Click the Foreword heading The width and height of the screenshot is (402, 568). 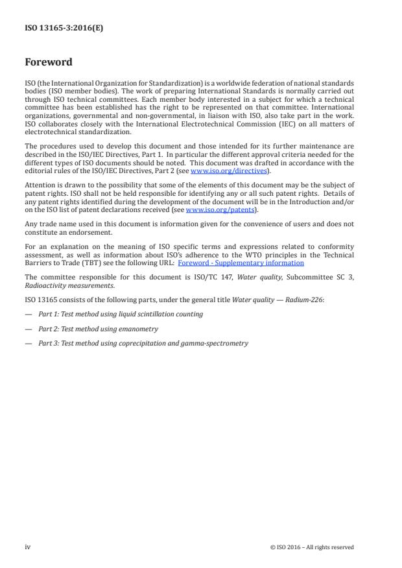(49, 63)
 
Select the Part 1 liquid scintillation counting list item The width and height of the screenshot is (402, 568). (120, 314)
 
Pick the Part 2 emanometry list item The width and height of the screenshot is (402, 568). (98, 329)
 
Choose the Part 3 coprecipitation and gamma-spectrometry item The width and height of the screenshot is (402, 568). (143, 343)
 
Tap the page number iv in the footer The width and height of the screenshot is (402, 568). (28, 547)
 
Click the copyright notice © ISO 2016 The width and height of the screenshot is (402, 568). (312, 547)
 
